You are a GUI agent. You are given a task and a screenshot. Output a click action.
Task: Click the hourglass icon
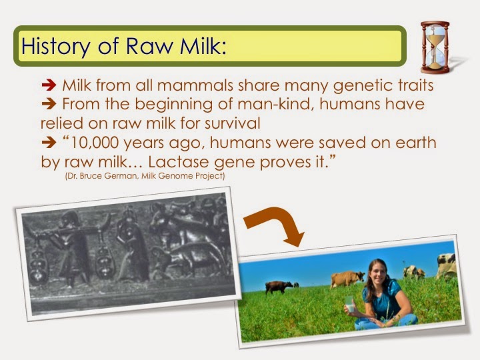(435, 47)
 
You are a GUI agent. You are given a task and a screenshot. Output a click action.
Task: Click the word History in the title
(55, 46)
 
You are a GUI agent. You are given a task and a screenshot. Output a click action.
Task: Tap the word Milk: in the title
(203, 45)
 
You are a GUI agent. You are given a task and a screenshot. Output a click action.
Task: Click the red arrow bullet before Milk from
(49, 85)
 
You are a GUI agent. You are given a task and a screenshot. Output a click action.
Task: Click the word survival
(233, 123)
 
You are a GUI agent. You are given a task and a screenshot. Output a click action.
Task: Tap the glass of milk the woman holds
(350, 304)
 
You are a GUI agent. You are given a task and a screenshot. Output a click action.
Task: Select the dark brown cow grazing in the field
(278, 287)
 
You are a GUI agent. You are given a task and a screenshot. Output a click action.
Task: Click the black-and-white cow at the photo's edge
(446, 266)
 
